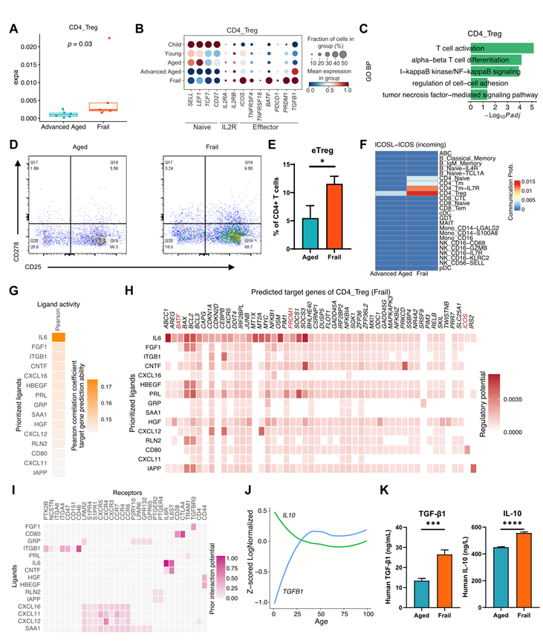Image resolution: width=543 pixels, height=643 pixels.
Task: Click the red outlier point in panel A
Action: [110, 37]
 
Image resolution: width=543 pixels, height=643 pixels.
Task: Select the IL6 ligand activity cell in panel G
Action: [59, 317]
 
